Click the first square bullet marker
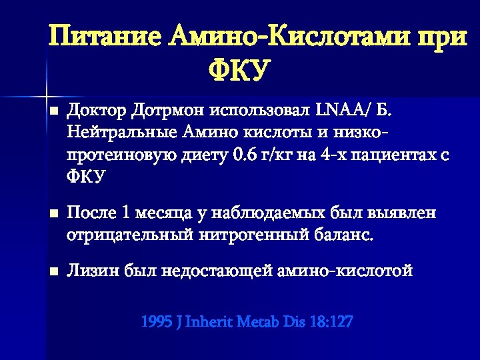click(53, 110)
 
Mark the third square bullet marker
click(53, 272)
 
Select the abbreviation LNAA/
click(339, 109)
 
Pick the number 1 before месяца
click(127, 213)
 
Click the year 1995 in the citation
click(156, 322)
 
